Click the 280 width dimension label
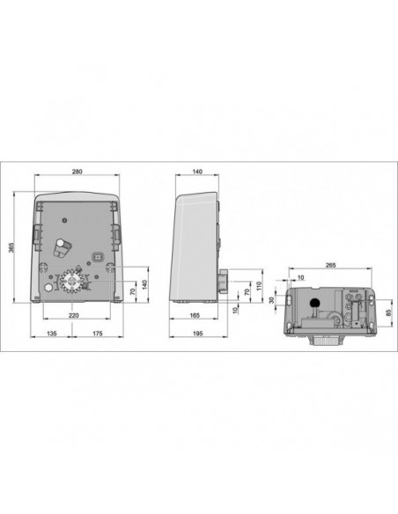tap(77, 172)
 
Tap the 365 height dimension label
tap(11, 247)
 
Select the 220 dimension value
tap(73, 315)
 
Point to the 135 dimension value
tap(51, 334)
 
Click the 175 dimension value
tap(98, 334)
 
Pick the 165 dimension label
tap(195, 315)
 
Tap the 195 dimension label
tap(198, 334)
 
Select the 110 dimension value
tap(259, 287)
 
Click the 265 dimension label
tap(330, 265)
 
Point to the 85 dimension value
tap(389, 312)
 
